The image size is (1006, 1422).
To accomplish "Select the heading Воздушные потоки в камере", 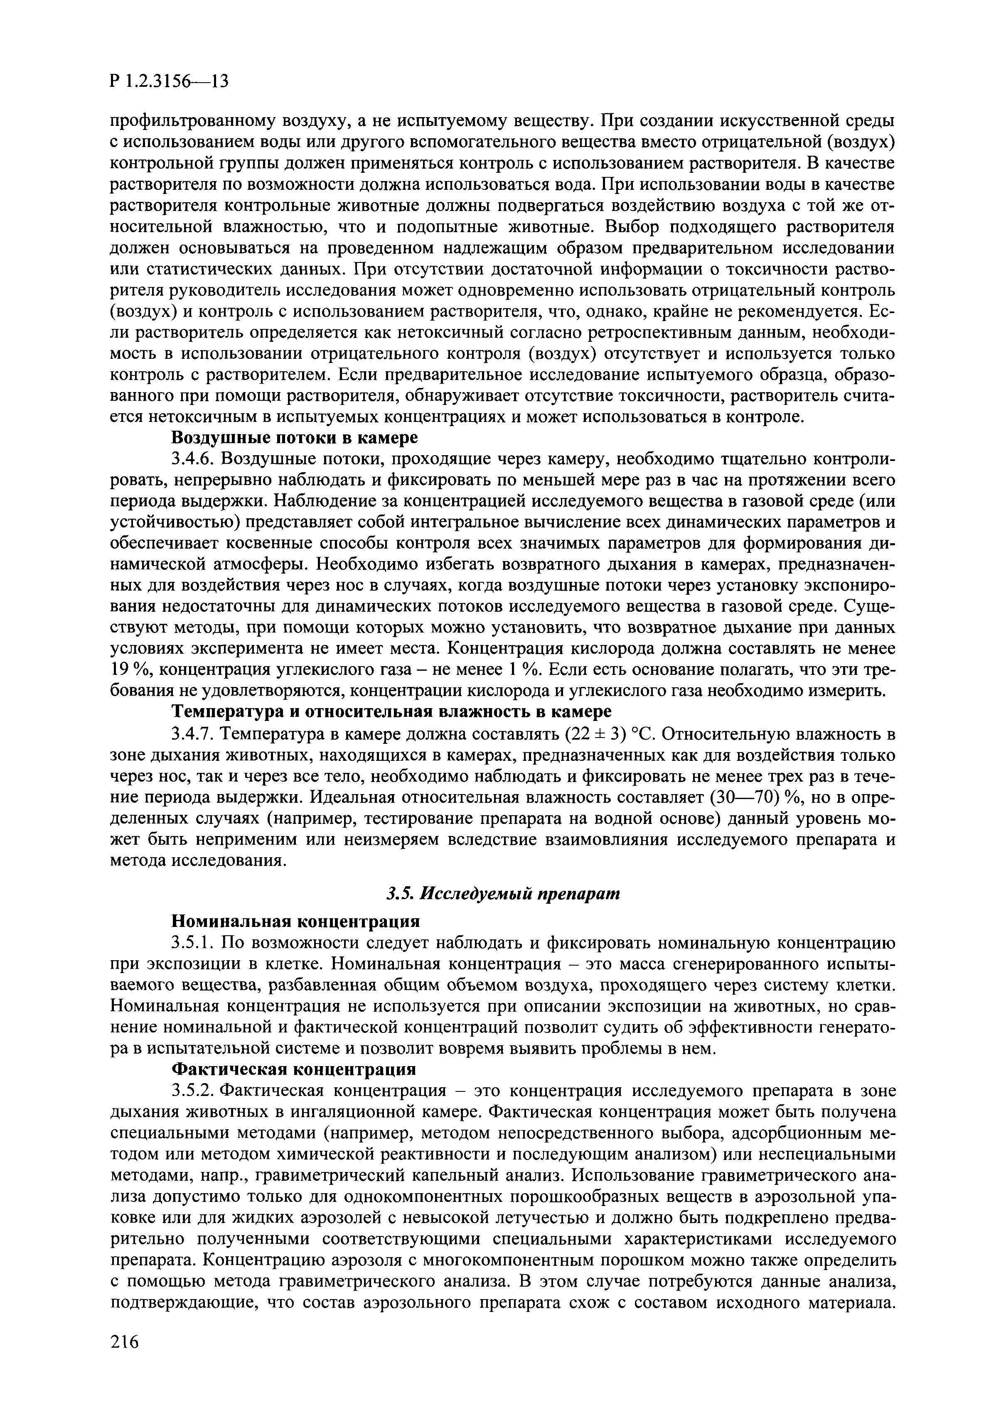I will pos(295,438).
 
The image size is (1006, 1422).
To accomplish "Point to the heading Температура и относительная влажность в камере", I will pos(391,711).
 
